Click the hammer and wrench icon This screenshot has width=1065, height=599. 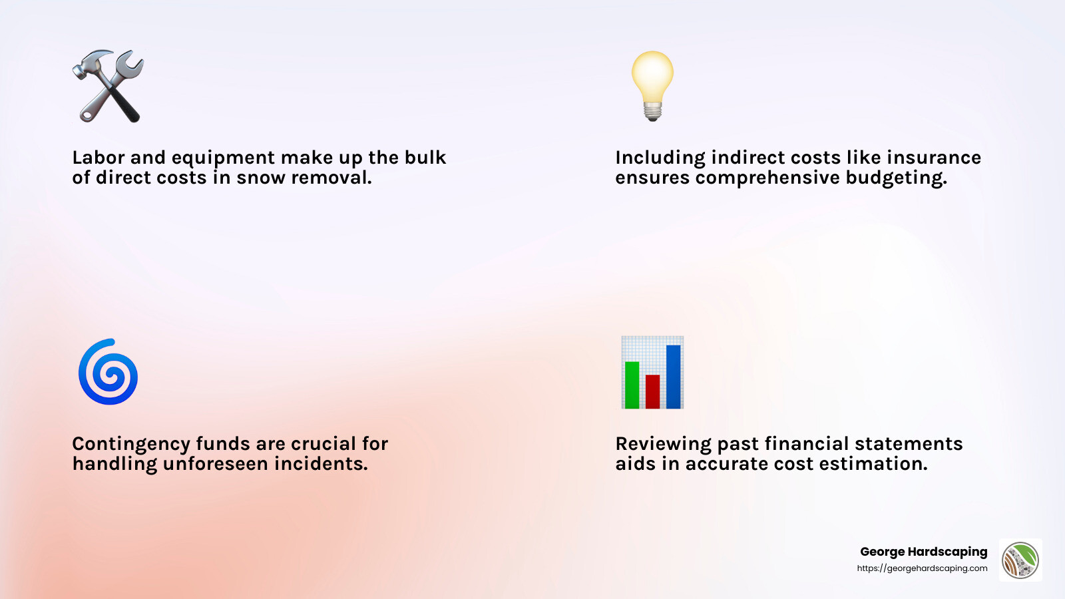point(108,87)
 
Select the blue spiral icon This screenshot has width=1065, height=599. point(108,373)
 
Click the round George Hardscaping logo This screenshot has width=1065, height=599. point(1020,560)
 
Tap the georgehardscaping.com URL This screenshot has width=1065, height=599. point(922,568)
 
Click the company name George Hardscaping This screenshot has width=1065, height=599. point(923,552)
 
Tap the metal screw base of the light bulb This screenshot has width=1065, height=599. point(652,111)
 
